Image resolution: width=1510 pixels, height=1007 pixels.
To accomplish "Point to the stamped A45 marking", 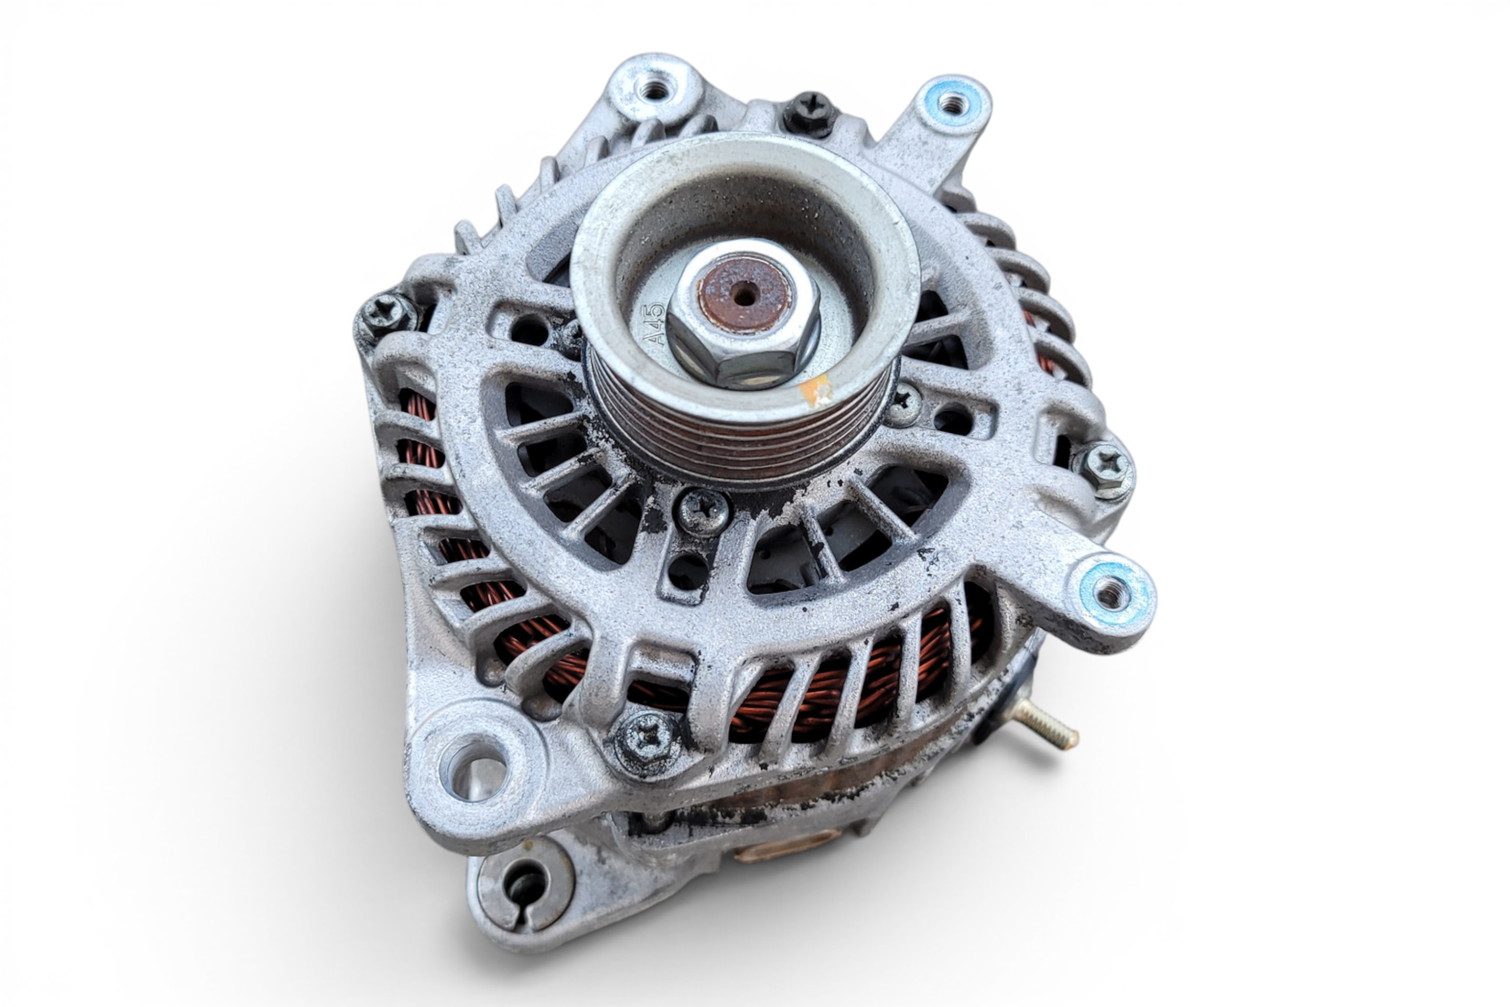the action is point(654,324).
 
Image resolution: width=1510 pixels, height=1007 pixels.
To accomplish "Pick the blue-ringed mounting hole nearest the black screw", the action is point(953,103).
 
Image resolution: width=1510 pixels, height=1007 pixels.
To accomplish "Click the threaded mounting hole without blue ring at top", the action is point(655,89).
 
